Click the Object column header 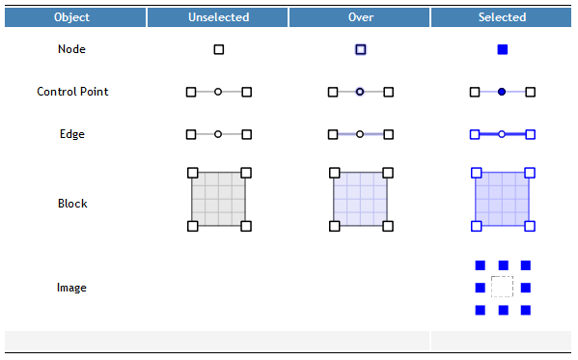point(72,17)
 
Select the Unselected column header point(218,17)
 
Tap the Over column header point(360,17)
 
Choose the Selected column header point(502,17)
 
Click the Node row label point(72,49)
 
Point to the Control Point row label point(72,92)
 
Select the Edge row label point(72,134)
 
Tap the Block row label point(72,204)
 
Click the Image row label point(72,288)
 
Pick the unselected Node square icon point(219,49)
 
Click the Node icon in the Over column point(360,49)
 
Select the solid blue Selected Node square point(502,49)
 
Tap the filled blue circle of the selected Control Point point(502,92)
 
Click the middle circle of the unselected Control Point point(218,92)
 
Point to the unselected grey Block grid point(219,199)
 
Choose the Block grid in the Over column point(360,199)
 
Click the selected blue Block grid point(502,199)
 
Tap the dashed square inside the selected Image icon point(502,287)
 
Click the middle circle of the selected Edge point(502,134)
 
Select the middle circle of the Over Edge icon point(360,134)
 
